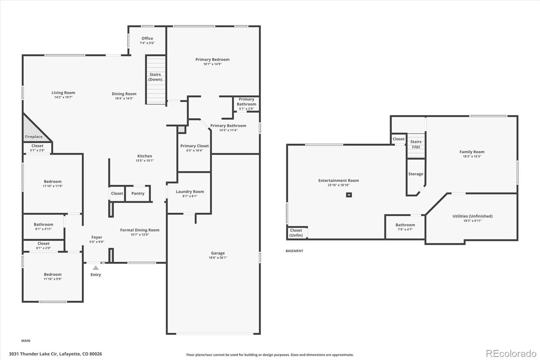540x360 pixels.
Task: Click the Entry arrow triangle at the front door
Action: pyautogui.click(x=96, y=268)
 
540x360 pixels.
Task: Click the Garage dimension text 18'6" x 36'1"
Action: pyautogui.click(x=218, y=257)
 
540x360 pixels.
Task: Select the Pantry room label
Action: pyautogui.click(x=138, y=193)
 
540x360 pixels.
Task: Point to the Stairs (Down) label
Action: pyautogui.click(x=155, y=77)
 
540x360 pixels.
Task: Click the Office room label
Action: pyautogui.click(x=147, y=38)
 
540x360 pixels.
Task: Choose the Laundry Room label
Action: pyautogui.click(x=190, y=191)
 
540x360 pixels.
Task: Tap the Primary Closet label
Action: pyautogui.click(x=194, y=146)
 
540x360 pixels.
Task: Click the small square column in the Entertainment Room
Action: pyautogui.click(x=349, y=195)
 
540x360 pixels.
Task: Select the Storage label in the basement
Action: pyautogui.click(x=415, y=174)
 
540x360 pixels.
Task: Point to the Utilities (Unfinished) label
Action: pyautogui.click(x=473, y=216)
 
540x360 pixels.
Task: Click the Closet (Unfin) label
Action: pyautogui.click(x=296, y=233)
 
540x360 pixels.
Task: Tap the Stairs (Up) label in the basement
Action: pyautogui.click(x=416, y=144)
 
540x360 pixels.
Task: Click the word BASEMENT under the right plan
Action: pyautogui.click(x=294, y=251)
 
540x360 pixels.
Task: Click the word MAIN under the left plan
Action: pyautogui.click(x=26, y=341)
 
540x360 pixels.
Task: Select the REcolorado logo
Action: pyautogui.click(x=511, y=354)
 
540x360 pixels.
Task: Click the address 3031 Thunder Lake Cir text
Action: pyautogui.click(x=33, y=354)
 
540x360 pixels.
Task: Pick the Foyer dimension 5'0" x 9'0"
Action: pyautogui.click(x=97, y=242)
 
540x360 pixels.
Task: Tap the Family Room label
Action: pyautogui.click(x=472, y=152)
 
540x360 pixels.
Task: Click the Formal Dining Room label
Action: pyautogui.click(x=140, y=230)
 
